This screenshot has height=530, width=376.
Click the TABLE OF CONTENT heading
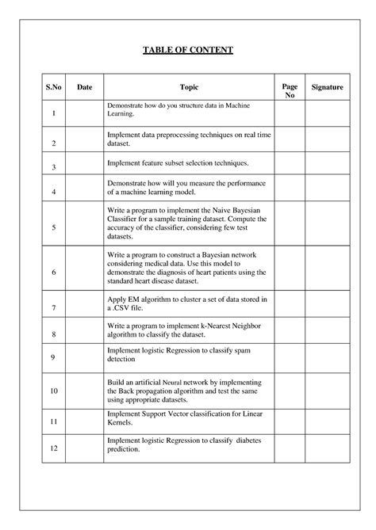[188, 50]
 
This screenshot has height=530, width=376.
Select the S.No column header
[52, 87]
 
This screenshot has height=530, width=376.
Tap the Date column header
[84, 87]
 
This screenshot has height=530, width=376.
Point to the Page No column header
[290, 90]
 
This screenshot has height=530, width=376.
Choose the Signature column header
[327, 87]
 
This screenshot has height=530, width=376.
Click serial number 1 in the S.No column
[52, 114]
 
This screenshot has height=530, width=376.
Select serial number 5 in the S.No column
[52, 227]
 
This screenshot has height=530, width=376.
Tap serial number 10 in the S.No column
[52, 391]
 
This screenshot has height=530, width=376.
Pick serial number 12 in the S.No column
[52, 449]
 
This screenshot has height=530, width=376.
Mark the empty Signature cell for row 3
[327, 166]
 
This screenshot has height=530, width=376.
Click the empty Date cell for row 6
[84, 272]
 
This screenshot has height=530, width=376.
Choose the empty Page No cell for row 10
[290, 391]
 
